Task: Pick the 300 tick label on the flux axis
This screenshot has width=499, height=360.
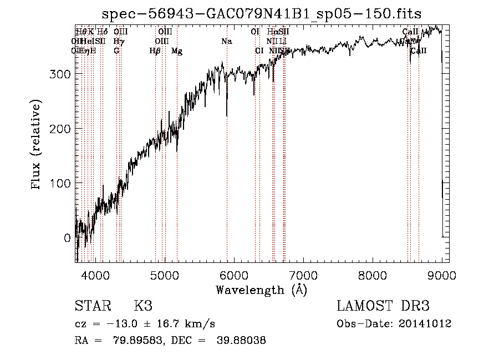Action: pos(59,74)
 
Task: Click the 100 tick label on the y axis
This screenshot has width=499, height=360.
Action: pos(59,183)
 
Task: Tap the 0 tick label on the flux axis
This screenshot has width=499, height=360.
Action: pos(67,237)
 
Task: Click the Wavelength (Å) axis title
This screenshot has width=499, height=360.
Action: pos(261,290)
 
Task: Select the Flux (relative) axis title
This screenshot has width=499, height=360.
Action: pos(37,145)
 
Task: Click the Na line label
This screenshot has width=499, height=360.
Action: pos(226,41)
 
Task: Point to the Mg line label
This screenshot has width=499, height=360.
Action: pos(177,50)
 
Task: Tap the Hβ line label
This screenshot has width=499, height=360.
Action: pos(155,50)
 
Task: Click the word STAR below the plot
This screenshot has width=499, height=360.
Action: pos(92,307)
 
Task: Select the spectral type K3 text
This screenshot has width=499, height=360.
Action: pos(143,307)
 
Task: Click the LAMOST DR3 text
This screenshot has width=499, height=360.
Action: pos(383,307)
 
